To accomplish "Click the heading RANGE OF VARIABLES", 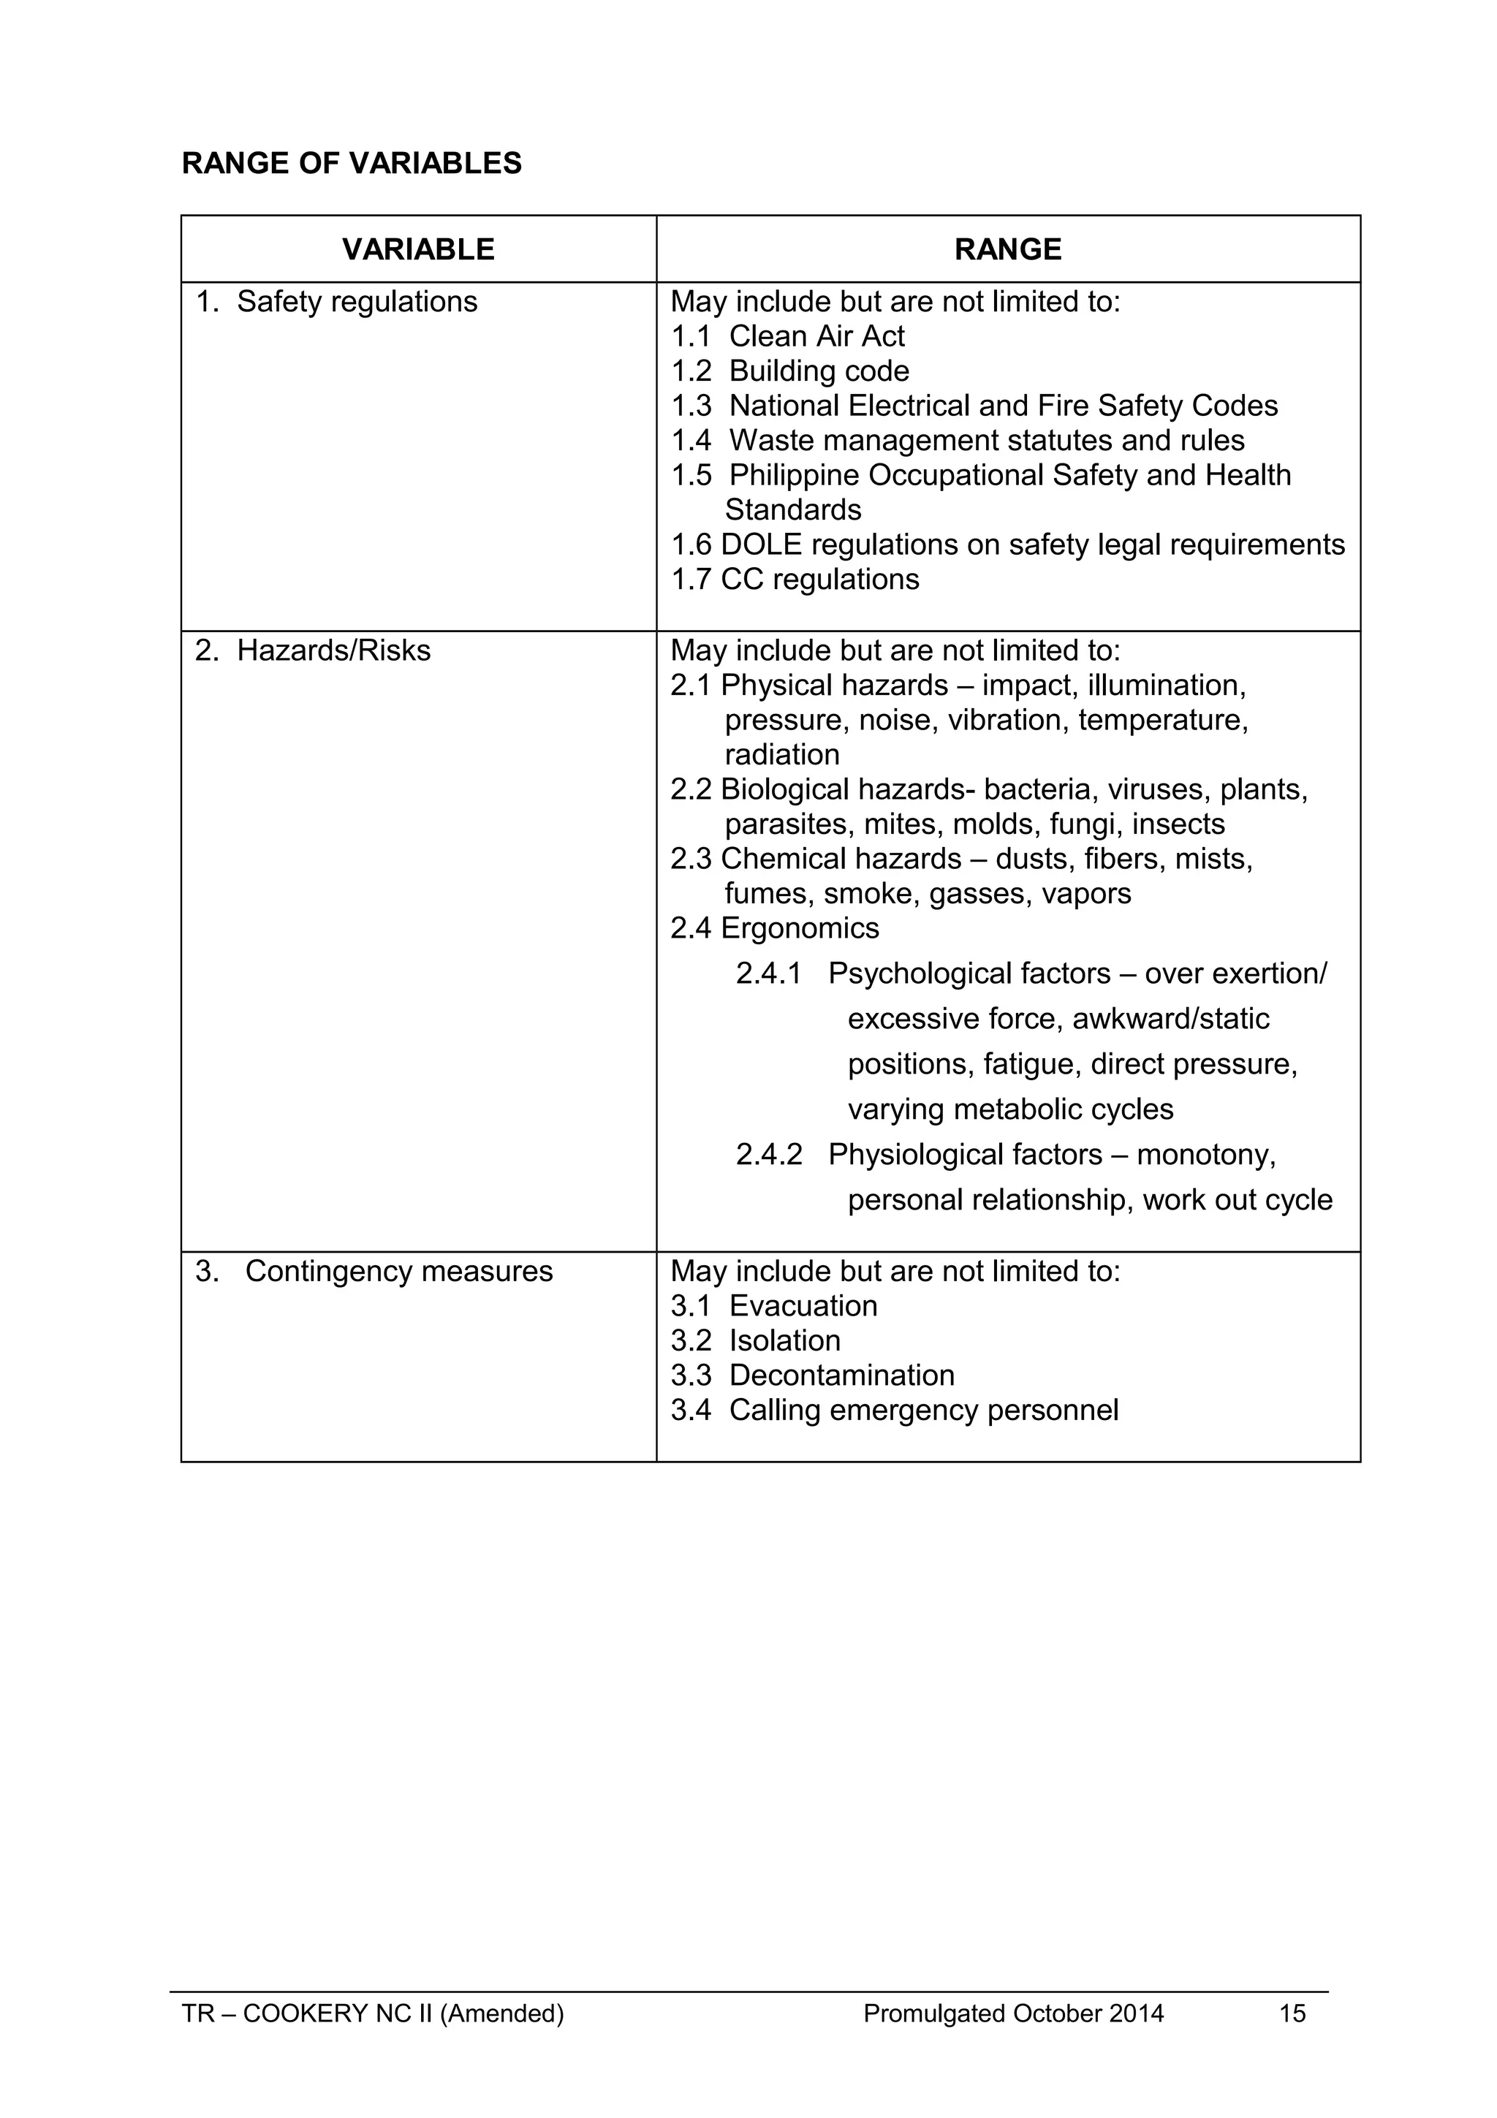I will tap(352, 163).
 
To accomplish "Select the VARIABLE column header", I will tap(418, 249).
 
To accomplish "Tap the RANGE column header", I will tap(1007, 249).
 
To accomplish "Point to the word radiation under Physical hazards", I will tap(781, 754).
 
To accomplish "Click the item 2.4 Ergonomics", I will tap(775, 928).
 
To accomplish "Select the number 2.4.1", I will tap(768, 973).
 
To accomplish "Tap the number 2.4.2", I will tap(768, 1154).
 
